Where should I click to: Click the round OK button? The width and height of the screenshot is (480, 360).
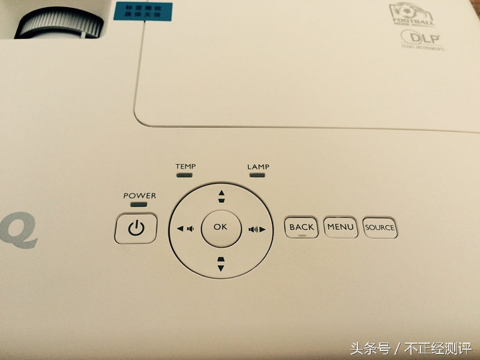[x=220, y=227]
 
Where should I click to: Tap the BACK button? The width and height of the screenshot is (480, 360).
[x=301, y=227]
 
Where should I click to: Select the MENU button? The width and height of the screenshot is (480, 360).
[x=340, y=227]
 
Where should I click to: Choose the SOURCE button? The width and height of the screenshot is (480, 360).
[x=380, y=228]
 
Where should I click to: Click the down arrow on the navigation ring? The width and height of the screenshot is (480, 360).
[x=221, y=263]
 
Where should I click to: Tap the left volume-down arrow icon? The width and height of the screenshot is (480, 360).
[x=184, y=228]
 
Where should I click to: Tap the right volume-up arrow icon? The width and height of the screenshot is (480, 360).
[x=257, y=229]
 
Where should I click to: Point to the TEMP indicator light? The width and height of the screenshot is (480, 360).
[x=185, y=176]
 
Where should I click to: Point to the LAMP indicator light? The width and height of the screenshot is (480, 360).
[x=258, y=176]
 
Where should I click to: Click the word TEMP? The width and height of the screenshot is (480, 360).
[x=185, y=166]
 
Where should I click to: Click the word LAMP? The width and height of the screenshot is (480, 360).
[x=258, y=166]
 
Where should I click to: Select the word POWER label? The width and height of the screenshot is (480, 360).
[x=139, y=196]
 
